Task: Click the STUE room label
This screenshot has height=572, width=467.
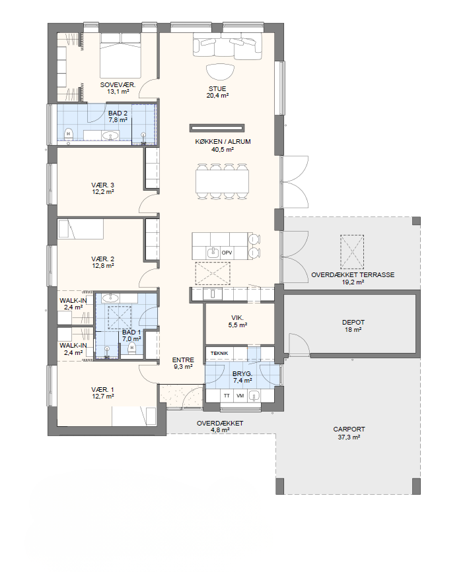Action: (x=217, y=88)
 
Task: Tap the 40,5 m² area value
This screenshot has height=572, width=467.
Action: (x=223, y=149)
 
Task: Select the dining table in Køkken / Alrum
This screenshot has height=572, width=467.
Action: (x=223, y=181)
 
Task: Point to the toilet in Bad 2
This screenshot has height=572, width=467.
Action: (x=68, y=135)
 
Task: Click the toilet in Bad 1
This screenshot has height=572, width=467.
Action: (x=132, y=350)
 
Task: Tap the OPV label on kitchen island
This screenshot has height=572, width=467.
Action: (x=227, y=253)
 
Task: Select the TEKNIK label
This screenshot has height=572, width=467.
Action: (x=219, y=353)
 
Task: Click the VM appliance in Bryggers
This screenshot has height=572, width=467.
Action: (x=240, y=396)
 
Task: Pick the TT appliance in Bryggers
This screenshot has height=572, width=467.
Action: (x=227, y=396)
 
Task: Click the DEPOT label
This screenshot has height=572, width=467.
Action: (x=353, y=323)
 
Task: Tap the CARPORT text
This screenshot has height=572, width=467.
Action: (x=349, y=429)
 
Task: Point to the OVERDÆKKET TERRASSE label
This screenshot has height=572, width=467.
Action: (x=353, y=275)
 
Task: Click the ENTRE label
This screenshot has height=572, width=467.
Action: (x=183, y=360)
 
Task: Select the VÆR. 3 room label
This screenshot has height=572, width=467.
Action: (x=102, y=185)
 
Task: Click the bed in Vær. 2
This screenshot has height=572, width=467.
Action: (x=81, y=229)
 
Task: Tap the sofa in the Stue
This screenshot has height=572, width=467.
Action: (x=228, y=46)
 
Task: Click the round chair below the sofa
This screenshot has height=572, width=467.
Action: (x=220, y=72)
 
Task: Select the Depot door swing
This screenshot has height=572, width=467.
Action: (x=299, y=344)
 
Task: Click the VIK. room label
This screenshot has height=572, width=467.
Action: (x=237, y=318)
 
